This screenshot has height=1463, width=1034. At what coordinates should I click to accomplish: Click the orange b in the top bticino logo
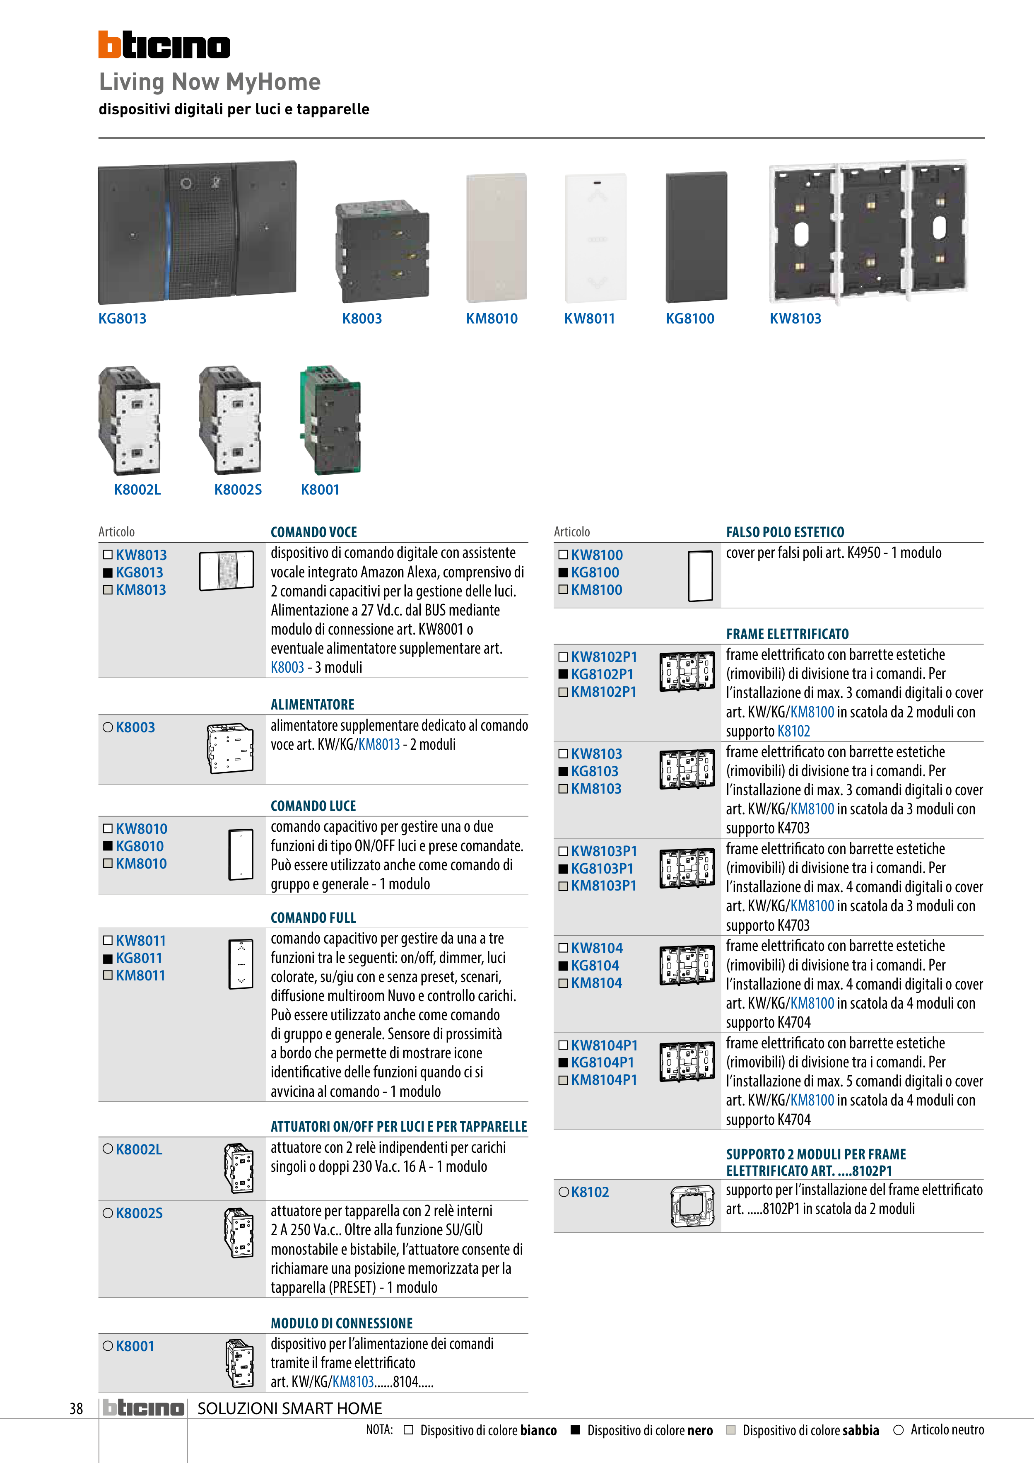(110, 45)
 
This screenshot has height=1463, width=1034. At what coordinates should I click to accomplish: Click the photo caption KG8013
(122, 319)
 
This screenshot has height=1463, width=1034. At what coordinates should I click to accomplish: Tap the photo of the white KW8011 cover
(596, 238)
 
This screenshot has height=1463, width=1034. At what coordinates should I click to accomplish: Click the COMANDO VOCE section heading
(313, 532)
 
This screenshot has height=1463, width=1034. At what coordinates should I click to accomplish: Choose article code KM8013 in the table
(141, 590)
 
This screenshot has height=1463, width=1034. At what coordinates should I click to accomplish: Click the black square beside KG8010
(108, 846)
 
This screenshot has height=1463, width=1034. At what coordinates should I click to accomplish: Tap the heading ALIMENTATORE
(312, 705)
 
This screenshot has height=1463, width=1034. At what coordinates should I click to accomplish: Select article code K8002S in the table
(139, 1213)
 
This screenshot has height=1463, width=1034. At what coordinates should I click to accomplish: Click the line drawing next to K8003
(230, 748)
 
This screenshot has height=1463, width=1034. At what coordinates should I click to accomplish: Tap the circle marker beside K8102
(563, 1192)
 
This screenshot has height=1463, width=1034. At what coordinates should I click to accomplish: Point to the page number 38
(77, 1408)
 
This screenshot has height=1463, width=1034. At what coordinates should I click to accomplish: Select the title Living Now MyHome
(210, 82)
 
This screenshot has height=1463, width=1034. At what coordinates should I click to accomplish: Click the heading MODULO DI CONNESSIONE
(342, 1323)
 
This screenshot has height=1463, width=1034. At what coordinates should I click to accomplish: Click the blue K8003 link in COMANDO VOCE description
(287, 667)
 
